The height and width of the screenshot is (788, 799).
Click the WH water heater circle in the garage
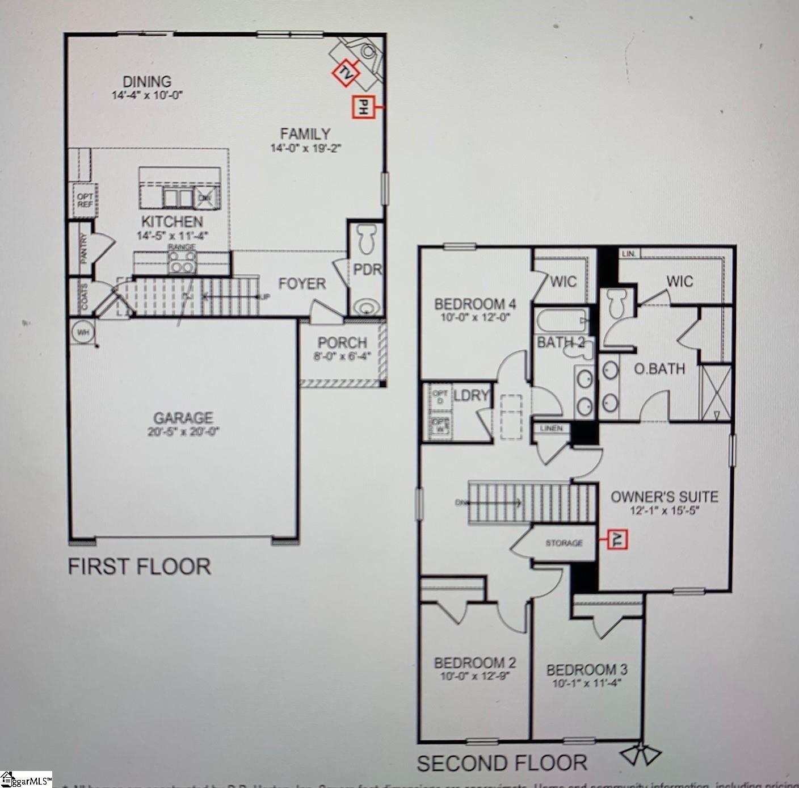coord(83,332)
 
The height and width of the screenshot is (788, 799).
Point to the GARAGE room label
coord(183,418)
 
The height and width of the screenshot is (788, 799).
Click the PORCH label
coord(342,343)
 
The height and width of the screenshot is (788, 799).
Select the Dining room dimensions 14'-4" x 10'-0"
coord(147,95)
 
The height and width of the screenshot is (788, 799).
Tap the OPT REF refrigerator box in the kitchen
coord(85,200)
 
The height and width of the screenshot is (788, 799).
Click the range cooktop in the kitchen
coord(182,262)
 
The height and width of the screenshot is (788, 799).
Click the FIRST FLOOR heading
coord(140,567)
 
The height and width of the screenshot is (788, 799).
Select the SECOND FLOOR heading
coord(502,763)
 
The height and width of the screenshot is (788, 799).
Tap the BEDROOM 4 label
coord(474,304)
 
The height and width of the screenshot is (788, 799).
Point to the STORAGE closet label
coord(563,543)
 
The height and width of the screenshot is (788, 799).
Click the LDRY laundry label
coord(471,396)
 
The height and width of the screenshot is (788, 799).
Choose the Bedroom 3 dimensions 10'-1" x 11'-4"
coord(587,683)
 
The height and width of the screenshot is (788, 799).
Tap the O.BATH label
coord(659,369)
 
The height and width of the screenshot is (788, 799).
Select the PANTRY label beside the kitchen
coord(83,248)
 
